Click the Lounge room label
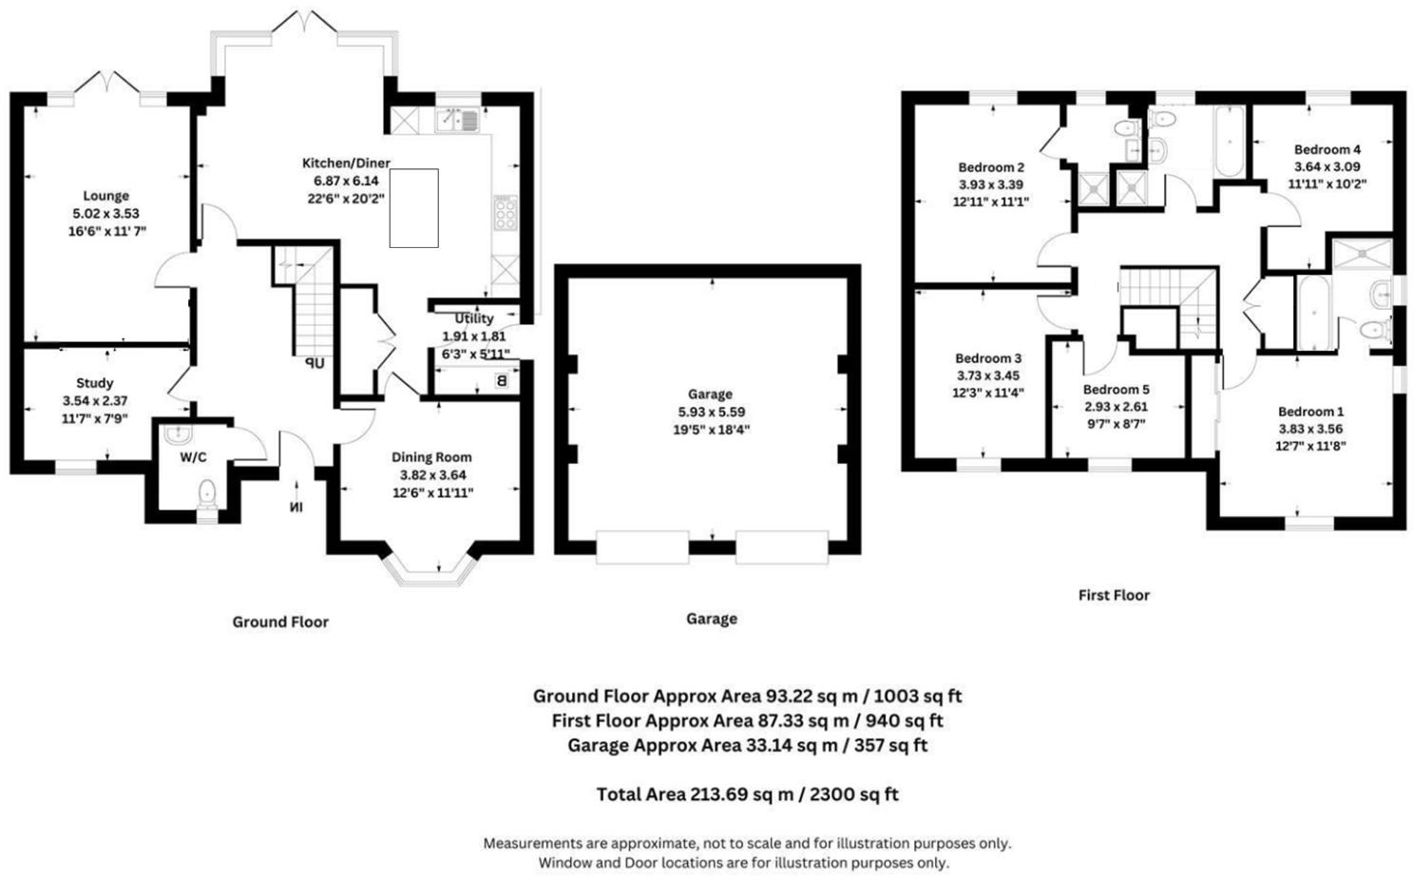tap(106, 196)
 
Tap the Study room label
tap(95, 383)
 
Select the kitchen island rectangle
tap(414, 208)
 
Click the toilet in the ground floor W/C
tap(207, 493)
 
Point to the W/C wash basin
tap(178, 433)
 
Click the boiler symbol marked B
tap(502, 381)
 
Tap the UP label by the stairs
tap(315, 364)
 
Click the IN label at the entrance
tap(296, 507)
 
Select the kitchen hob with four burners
tap(506, 214)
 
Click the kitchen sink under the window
tap(457, 120)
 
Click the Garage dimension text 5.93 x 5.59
tap(712, 412)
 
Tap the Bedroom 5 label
tap(1116, 390)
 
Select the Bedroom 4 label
tap(1327, 149)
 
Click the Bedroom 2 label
tap(991, 167)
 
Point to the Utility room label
tap(474, 318)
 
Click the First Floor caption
tap(1114, 595)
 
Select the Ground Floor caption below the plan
tap(280, 622)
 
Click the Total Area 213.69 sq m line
tap(748, 795)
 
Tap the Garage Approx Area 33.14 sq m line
tap(748, 746)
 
